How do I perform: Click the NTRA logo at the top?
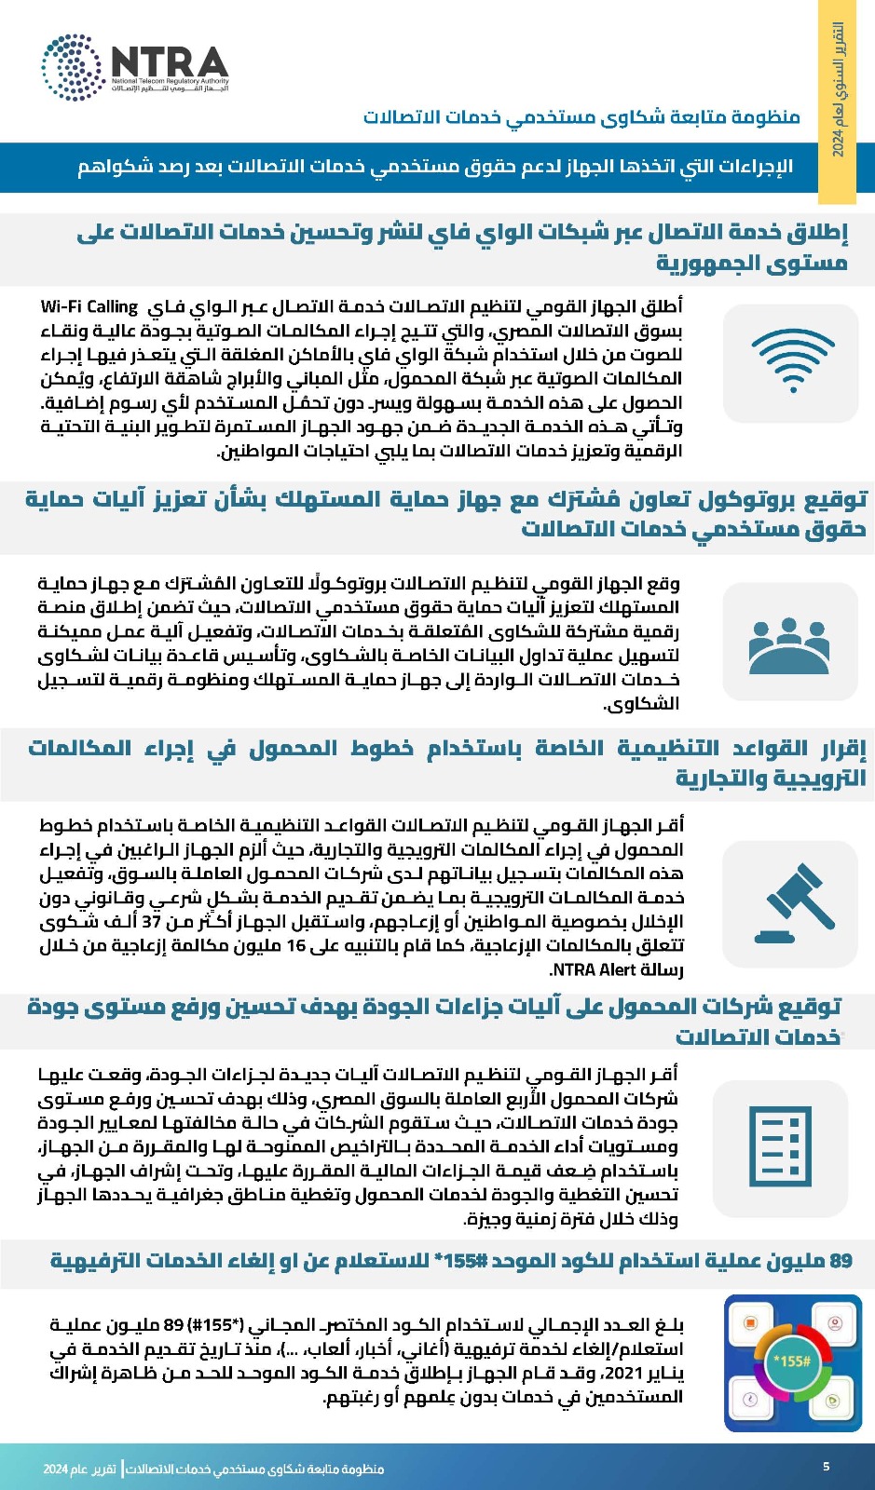[x=135, y=66]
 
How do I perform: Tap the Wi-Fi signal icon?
[x=791, y=362]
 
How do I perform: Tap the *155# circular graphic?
[x=792, y=1361]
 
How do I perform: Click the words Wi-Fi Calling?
[x=89, y=306]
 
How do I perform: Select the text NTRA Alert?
[x=593, y=969]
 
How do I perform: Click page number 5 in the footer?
[x=826, y=1467]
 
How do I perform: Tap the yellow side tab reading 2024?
[x=837, y=102]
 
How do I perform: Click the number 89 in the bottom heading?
[x=841, y=1261]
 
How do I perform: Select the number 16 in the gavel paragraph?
[x=295, y=945]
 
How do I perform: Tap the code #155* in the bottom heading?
[x=459, y=1261]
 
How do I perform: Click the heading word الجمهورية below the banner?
[x=752, y=264]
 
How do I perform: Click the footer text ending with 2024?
[x=214, y=1469]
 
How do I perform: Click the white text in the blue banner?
[x=435, y=167]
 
